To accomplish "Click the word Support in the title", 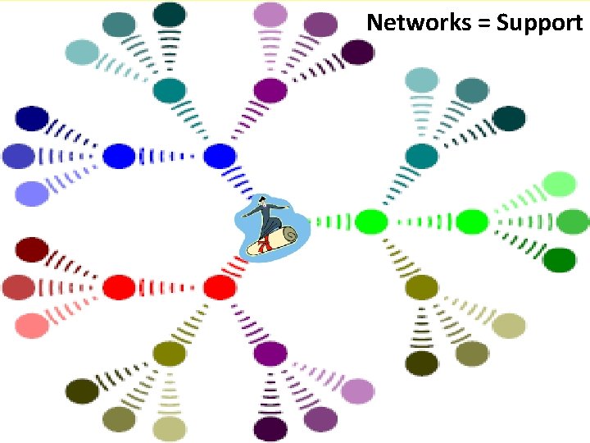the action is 539,23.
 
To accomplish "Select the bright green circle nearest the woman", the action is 371,221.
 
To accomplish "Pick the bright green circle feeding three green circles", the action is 471,221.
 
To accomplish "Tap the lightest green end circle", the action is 560,184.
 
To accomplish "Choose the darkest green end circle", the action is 560,260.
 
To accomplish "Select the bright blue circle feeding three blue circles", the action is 119,155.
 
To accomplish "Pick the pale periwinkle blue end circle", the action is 32,193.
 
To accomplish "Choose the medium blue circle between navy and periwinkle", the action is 18,155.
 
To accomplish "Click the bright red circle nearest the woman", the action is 219,286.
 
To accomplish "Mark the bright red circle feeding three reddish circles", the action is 119,287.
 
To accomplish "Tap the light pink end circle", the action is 32,325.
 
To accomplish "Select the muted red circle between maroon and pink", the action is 18,287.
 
